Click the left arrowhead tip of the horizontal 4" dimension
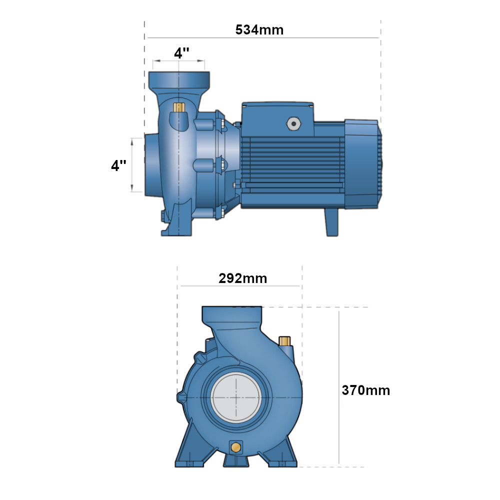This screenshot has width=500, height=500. click(x=152, y=60)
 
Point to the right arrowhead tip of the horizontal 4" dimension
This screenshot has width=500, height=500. click(x=204, y=60)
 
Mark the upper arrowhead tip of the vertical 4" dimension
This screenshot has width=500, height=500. click(x=132, y=138)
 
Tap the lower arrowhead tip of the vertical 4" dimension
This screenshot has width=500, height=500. click(x=132, y=192)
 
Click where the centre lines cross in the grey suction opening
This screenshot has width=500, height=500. click(x=236, y=397)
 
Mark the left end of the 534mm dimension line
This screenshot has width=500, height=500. click(x=147, y=37)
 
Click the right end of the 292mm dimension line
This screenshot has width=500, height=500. click(x=299, y=286)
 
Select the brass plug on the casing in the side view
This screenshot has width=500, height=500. click(x=179, y=107)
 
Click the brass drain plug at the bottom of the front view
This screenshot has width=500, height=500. click(x=236, y=447)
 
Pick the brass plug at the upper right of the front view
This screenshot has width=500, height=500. click(x=284, y=341)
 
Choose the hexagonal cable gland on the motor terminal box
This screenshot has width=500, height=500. click(x=293, y=123)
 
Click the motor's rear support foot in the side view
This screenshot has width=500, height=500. click(x=331, y=222)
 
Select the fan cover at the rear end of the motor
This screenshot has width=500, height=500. click(x=363, y=164)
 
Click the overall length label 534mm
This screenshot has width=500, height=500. click(x=259, y=29)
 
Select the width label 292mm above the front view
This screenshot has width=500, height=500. click(x=242, y=278)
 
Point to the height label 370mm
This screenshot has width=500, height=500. click(x=366, y=390)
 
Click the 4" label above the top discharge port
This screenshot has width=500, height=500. click(x=181, y=52)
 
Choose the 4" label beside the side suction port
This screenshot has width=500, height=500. click(x=118, y=165)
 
